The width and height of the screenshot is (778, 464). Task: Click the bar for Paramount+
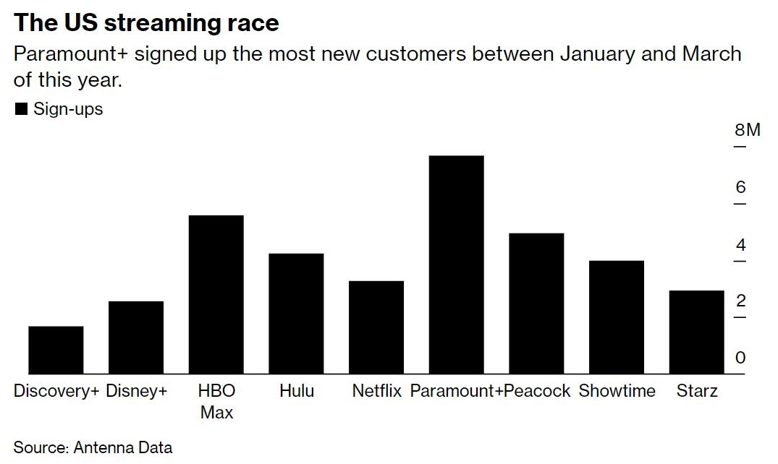point(456,265)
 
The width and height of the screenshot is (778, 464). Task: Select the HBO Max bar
point(216,294)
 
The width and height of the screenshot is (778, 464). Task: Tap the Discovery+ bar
point(56,350)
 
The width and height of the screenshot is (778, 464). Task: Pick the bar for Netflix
point(376,327)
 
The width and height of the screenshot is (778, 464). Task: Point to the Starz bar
point(696,332)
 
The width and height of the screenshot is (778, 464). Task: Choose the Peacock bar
point(536,303)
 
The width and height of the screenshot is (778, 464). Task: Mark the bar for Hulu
point(296,313)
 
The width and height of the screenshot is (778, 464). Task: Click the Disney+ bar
point(136,337)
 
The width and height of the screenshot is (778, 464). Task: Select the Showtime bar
point(616,317)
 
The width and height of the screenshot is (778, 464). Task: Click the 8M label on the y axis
point(748,131)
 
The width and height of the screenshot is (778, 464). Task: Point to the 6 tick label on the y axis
point(740,188)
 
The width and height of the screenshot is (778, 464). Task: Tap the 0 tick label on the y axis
point(740,358)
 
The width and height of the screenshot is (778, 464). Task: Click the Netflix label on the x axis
point(376,392)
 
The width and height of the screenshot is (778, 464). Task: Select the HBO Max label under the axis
point(216,402)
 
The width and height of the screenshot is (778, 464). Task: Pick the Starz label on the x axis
point(697,392)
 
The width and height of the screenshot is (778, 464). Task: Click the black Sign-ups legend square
point(21,110)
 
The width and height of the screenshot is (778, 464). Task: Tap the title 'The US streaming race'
point(145,22)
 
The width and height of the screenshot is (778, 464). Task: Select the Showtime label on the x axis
point(617,392)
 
